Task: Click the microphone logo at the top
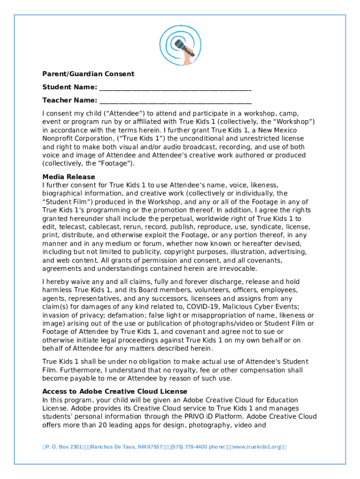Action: (180, 46)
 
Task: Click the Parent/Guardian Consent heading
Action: (88, 74)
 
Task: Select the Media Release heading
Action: (69, 177)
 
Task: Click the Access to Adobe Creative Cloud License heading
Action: (115, 392)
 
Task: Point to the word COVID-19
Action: (204, 307)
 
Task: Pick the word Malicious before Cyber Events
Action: (242, 307)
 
